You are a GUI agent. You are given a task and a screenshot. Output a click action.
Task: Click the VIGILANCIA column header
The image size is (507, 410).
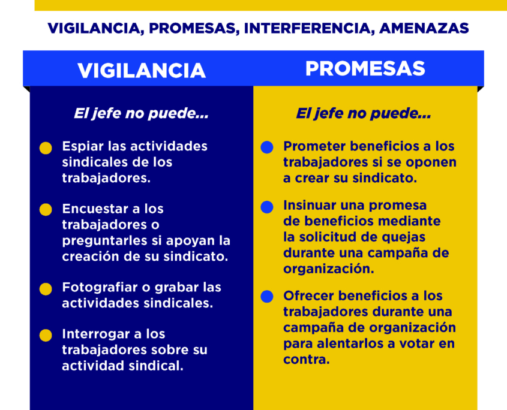(x=142, y=71)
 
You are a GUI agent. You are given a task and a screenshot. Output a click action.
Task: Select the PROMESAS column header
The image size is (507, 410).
(x=365, y=68)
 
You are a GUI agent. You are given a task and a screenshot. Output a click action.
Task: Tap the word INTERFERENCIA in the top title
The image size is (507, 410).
(x=307, y=28)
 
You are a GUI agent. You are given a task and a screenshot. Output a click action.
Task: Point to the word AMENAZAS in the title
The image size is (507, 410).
(x=424, y=28)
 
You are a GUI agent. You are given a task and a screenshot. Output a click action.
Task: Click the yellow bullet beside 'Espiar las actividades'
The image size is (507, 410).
(x=46, y=148)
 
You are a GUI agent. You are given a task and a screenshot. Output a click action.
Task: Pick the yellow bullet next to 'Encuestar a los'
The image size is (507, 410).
(x=46, y=209)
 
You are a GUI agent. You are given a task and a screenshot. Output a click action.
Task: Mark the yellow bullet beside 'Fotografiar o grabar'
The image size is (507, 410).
(x=46, y=289)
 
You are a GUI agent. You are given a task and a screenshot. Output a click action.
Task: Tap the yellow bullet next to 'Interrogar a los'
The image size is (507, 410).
(x=46, y=335)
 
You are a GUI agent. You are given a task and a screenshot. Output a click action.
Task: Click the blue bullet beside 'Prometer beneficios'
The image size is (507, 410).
(x=267, y=147)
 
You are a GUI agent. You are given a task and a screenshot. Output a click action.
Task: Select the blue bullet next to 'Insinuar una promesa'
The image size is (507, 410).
(x=267, y=207)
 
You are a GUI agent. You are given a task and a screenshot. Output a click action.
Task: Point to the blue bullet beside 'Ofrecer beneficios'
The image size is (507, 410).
(x=267, y=296)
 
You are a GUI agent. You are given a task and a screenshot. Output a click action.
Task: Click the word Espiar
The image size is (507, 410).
(x=83, y=147)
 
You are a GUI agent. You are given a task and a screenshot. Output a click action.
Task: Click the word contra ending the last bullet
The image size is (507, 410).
(x=306, y=359)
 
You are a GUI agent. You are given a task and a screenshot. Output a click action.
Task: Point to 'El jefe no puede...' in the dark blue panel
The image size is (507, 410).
(x=141, y=113)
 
